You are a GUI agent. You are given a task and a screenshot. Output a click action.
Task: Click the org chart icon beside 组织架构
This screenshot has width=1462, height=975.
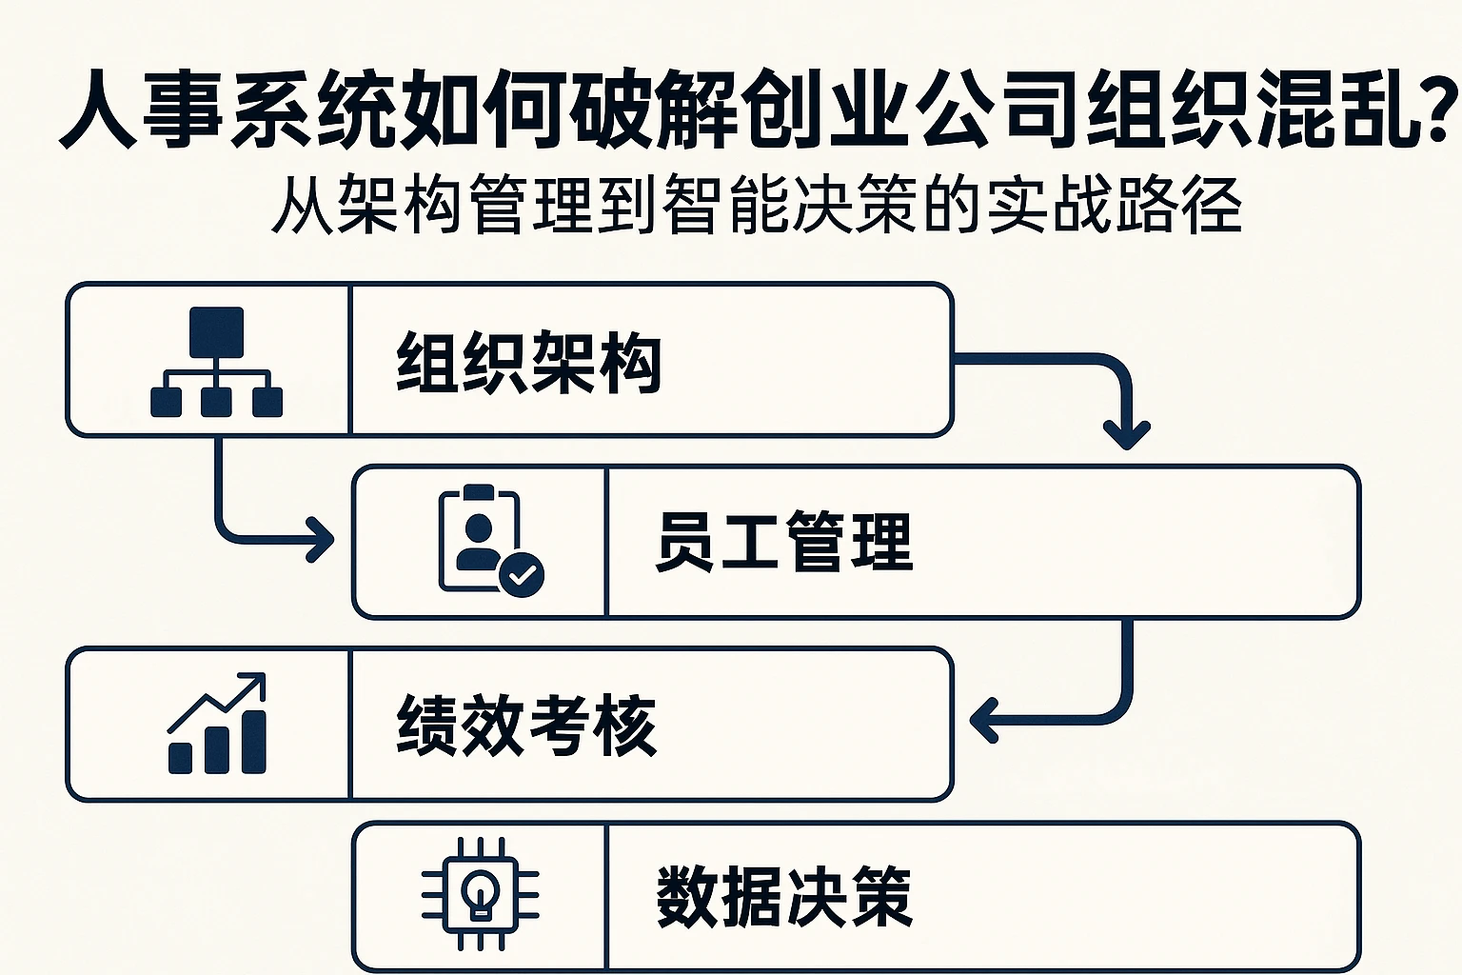(216, 362)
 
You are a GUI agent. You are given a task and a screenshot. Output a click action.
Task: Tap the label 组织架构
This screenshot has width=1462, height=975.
(528, 362)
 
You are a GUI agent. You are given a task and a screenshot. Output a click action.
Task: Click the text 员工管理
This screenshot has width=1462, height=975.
(784, 541)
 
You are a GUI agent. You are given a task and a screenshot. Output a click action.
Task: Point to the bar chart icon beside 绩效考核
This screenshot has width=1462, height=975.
(217, 724)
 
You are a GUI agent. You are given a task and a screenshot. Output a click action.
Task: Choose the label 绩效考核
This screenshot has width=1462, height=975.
(526, 724)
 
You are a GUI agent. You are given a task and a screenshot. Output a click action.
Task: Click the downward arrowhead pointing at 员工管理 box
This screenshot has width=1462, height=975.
(1127, 437)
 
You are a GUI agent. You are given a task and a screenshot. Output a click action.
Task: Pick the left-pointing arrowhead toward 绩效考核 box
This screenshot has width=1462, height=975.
(982, 720)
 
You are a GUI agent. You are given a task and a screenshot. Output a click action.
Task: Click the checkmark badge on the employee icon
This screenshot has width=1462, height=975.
(522, 574)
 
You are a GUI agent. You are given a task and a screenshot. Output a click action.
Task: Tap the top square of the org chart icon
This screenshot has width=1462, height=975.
(216, 331)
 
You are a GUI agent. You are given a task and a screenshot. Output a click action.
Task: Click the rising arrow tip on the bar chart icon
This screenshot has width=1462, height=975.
(255, 682)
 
